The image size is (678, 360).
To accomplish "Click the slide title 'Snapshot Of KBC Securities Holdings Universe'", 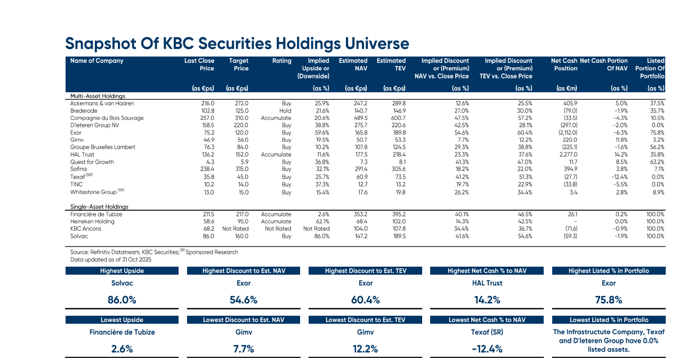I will point(237,43).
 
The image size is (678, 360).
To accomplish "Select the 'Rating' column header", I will point(281,61).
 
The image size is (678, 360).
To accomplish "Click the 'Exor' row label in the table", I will point(76,133).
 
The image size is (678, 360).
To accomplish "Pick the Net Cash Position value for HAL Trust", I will point(566,155).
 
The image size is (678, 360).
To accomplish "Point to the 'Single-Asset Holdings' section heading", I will point(99,206).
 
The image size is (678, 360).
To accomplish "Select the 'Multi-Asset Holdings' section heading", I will point(98,96).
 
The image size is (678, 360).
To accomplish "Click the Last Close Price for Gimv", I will point(208,140).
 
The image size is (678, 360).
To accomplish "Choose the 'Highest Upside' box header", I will point(122,271).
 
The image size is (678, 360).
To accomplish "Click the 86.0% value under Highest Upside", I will point(122,300).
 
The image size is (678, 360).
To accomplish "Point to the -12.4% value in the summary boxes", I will point(488,349).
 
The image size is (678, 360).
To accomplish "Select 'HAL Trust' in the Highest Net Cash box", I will point(488,283).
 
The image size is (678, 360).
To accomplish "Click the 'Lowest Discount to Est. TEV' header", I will point(365,320).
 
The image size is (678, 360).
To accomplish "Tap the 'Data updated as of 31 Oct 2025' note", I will point(111,260).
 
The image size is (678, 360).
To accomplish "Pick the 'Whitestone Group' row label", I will point(93,192).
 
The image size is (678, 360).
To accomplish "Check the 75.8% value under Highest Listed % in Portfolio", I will point(609,300).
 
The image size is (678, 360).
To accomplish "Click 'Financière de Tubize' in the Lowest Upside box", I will point(122,332).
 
